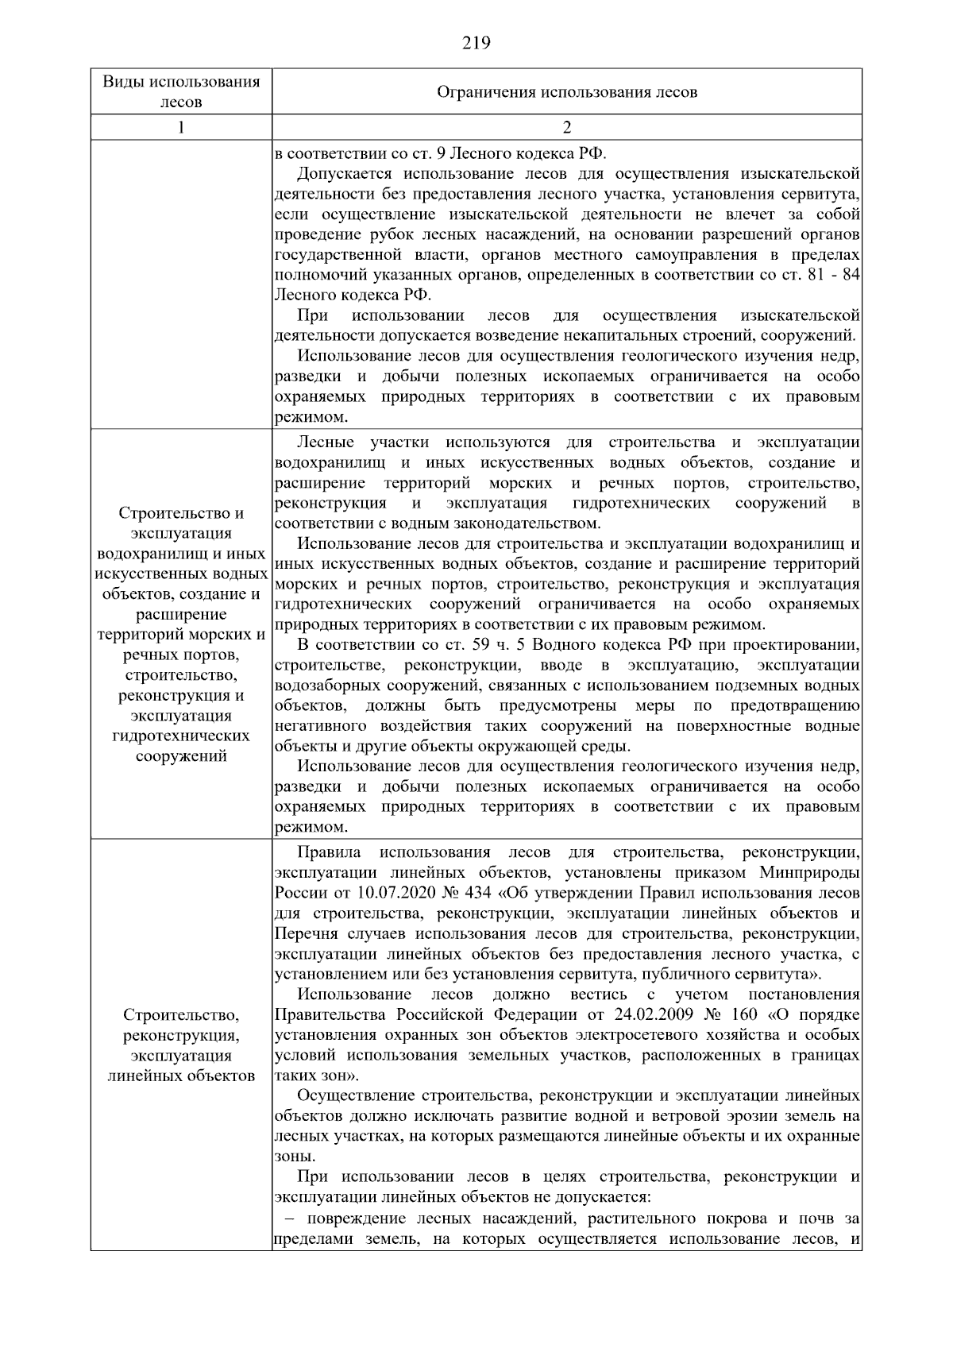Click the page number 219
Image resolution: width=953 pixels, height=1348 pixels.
476,43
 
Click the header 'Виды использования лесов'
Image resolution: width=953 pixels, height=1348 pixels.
181,91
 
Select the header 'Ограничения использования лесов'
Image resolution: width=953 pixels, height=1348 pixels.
567,92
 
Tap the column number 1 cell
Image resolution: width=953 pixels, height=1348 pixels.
181,128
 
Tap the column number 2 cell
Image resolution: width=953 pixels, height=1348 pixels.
567,128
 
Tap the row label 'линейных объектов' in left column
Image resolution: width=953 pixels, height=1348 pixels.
181,1076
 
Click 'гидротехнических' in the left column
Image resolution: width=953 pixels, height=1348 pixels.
181,736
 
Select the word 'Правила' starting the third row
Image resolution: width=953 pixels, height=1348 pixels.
329,853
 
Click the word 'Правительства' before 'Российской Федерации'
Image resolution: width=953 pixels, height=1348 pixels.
331,1015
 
